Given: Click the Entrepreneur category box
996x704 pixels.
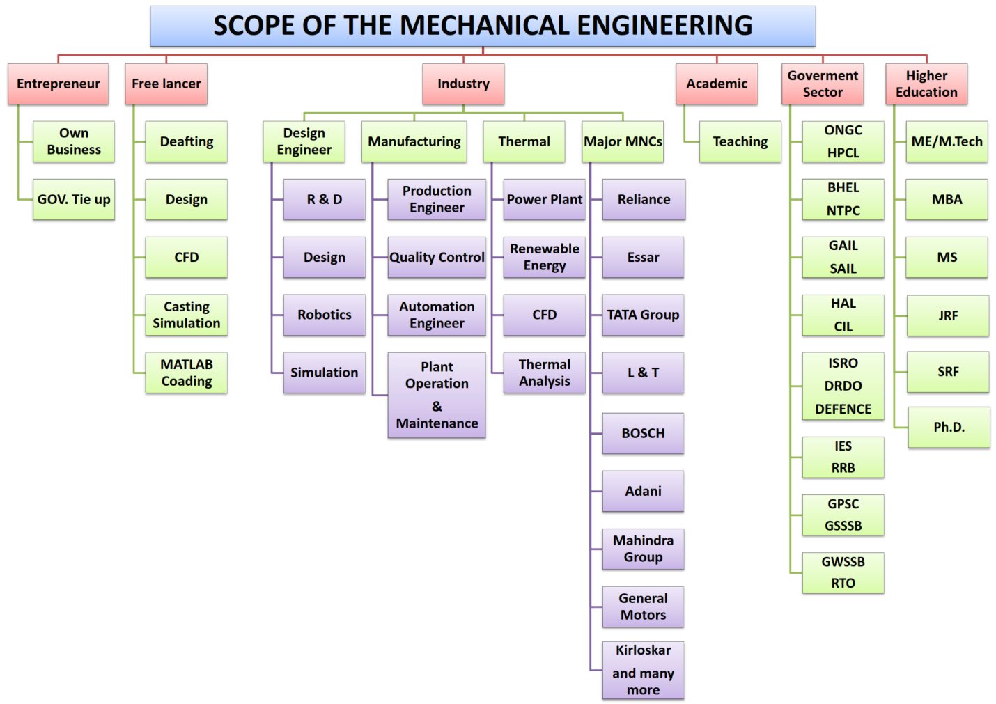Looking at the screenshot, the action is coord(59,84).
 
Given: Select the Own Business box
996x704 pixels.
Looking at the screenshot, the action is coord(74,141).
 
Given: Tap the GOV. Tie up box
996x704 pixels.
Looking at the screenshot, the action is coord(74,199).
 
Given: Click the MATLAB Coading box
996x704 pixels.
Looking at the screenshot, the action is coord(186,373).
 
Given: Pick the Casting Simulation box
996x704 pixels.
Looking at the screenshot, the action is coord(186,315).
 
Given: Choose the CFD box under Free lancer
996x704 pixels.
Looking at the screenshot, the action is coord(186,257).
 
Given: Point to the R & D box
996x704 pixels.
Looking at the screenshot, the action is coord(325,199).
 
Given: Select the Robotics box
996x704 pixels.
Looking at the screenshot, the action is coord(325,315).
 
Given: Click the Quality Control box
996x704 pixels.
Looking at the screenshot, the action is coord(437,257).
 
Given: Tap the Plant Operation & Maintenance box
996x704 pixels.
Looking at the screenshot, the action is coord(437,395).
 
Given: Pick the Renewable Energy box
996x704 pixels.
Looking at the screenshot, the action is coord(544,257).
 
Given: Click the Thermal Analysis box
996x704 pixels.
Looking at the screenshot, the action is coord(544,373).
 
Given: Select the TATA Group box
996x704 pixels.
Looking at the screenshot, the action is coord(643,315).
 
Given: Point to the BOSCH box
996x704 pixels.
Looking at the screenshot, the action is coord(643,433).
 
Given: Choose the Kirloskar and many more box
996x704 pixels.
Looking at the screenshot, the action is coord(643,670).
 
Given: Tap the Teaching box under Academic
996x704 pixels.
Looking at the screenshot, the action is coord(740,141).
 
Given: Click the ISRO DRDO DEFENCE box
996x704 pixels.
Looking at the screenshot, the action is coord(843,386).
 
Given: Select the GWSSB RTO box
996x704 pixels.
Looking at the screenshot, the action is coord(843,573).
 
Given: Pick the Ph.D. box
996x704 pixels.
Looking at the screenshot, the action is coord(949,427).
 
